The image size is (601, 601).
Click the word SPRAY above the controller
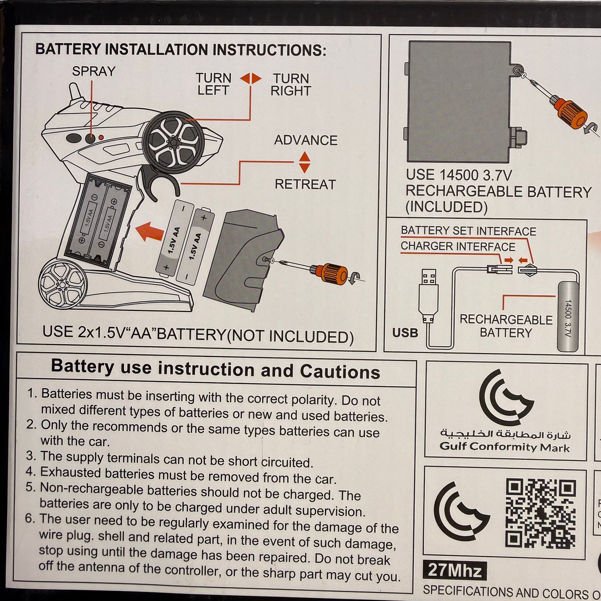click(94, 71)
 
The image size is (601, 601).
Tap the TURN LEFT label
click(213, 84)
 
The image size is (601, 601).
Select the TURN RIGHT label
click(291, 85)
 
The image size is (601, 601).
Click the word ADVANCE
click(306, 140)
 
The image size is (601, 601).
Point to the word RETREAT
click(305, 184)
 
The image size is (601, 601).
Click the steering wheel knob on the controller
click(173, 142)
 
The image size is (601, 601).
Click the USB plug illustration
click(429, 295)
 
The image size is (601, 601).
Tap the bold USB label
click(405, 333)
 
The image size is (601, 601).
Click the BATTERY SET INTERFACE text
click(468, 231)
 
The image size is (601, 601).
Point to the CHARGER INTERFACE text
click(458, 246)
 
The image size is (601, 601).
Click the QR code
click(541, 513)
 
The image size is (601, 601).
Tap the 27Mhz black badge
click(455, 571)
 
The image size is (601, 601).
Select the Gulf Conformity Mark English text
click(504, 447)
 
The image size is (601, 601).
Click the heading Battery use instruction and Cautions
click(216, 369)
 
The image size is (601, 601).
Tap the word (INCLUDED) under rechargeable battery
click(446, 207)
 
